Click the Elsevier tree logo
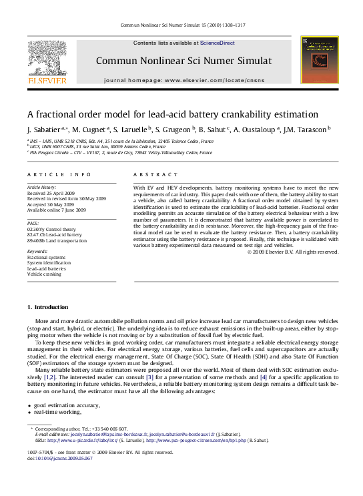coord(47,60)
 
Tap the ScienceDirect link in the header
coord(218,43)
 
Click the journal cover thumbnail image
coord(314,61)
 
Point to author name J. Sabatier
coord(43,129)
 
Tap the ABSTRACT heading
coord(151,174)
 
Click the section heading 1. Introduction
coord(47,307)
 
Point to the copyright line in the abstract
coord(293,252)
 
